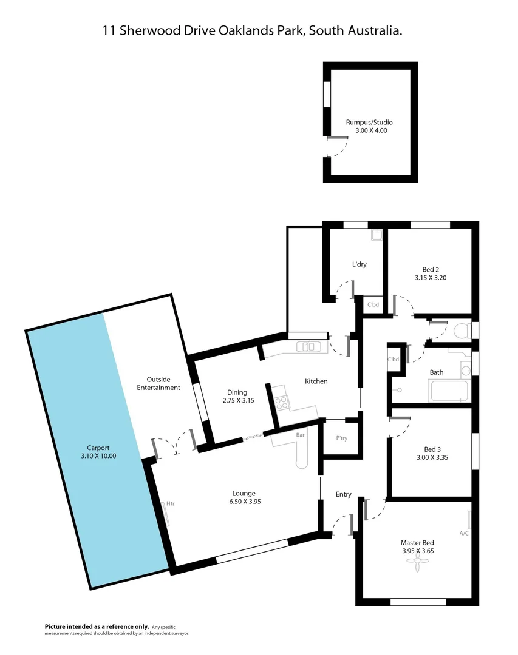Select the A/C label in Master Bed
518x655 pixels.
point(464,534)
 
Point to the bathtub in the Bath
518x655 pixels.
point(449,391)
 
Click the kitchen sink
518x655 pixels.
point(309,347)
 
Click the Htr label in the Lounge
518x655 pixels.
point(171,503)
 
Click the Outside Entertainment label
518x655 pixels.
point(158,383)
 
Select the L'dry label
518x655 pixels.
point(360,264)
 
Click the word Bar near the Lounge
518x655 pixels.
point(300,435)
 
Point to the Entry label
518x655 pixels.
point(344,494)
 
